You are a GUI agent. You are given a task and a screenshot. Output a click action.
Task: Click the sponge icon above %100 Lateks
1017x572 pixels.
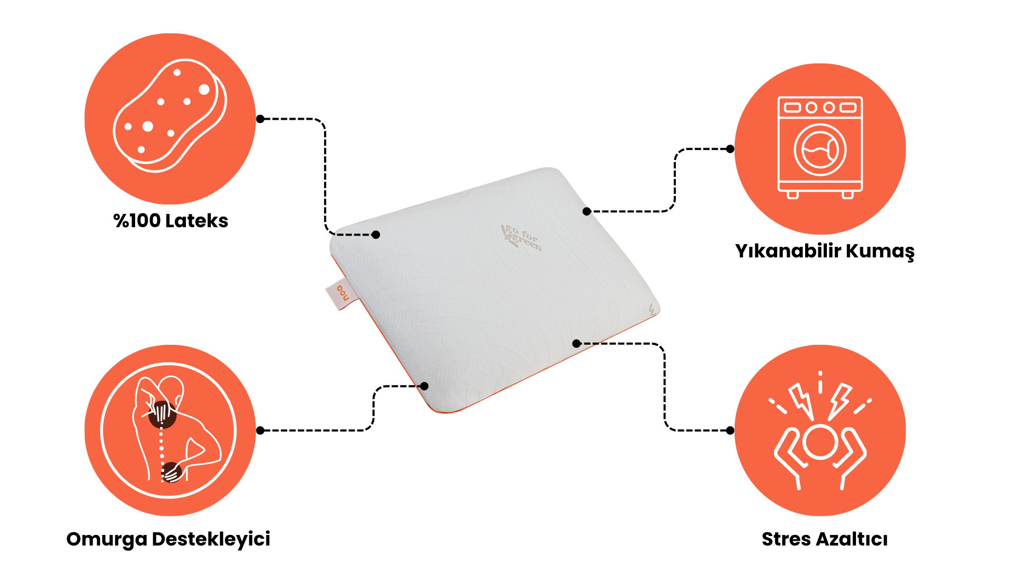[170, 115]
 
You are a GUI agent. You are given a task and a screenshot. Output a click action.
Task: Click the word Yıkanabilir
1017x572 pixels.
[788, 251]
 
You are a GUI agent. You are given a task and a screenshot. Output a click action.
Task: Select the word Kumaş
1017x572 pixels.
[880, 252]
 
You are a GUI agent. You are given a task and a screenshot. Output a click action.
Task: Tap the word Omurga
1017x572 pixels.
[106, 540]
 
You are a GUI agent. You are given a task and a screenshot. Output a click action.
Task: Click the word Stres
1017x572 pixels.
[786, 539]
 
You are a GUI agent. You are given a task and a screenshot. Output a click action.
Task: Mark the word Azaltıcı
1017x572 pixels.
[852, 539]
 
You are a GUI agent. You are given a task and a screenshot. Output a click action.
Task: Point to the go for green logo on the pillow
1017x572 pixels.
[521, 238]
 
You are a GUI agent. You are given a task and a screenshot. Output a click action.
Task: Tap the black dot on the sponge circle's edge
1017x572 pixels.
[260, 119]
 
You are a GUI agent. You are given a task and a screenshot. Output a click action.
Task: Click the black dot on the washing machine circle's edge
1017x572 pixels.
[730, 149]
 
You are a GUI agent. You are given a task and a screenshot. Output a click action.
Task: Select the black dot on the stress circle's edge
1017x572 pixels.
[730, 430]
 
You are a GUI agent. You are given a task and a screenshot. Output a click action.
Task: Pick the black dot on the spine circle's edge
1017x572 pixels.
[260, 431]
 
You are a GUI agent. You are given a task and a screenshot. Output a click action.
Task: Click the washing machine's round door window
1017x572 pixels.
[820, 150]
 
